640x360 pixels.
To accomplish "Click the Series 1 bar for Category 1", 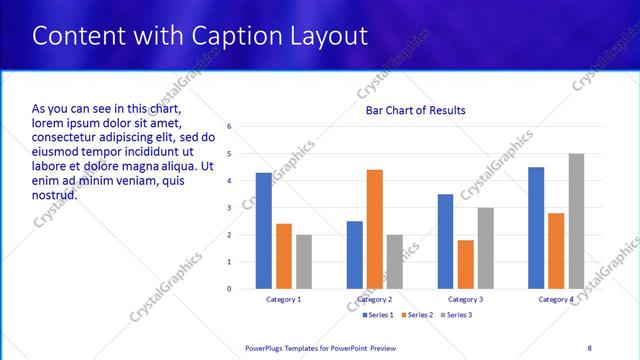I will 263,231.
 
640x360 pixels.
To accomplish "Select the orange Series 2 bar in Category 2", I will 374,229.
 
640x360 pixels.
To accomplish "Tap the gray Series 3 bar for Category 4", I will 576,221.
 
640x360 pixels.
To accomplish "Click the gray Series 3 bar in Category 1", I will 303,262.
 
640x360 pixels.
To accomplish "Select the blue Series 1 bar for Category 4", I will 536,228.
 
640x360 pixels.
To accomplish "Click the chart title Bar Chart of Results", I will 415,110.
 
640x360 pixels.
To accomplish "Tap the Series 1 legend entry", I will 376,315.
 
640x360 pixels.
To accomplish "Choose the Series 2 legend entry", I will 416,315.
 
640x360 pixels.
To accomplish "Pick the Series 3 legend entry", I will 456,315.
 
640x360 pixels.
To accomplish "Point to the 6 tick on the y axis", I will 230,127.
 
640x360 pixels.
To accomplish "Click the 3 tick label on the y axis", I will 230,208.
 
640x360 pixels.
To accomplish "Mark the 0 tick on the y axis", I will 230,289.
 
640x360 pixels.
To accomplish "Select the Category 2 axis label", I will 374,300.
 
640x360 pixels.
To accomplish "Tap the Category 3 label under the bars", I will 465,300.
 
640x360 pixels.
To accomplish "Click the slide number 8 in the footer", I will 589,347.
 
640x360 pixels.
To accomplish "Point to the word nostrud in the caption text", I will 55,194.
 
